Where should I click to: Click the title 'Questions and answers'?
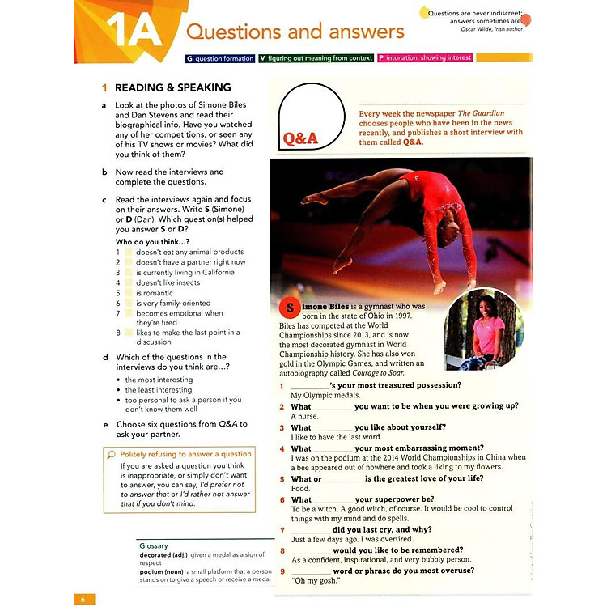point(295,32)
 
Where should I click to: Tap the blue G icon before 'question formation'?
point(189,58)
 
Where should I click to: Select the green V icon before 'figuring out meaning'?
point(262,58)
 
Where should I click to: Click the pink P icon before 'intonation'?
point(380,58)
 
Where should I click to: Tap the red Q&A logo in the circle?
point(300,139)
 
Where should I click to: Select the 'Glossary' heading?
point(154,546)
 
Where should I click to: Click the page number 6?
point(83,599)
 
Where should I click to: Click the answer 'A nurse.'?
point(306,416)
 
